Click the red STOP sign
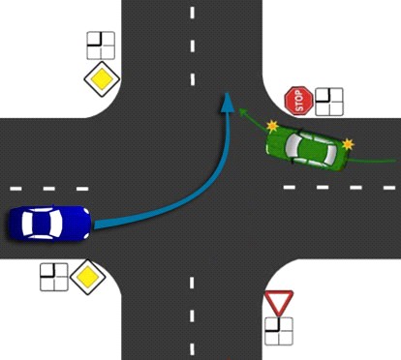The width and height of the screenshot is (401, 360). (x=298, y=101)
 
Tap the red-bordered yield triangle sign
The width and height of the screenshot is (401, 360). (x=279, y=303)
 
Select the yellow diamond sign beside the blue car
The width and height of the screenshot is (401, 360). (x=88, y=277)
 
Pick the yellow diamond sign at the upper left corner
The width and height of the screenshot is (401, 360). (x=102, y=78)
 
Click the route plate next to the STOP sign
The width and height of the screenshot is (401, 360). (x=329, y=102)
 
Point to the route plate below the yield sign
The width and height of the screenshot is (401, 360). (x=279, y=331)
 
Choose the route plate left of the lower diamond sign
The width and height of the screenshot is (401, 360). (x=54, y=277)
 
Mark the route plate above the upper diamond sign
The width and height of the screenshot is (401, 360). (x=101, y=45)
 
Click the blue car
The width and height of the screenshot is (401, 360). (x=49, y=223)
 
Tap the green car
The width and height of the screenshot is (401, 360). (x=307, y=148)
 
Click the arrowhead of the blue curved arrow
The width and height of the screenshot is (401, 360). (x=228, y=103)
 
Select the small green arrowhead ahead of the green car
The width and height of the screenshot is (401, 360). (x=242, y=111)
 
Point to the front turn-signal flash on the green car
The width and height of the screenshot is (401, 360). (x=272, y=126)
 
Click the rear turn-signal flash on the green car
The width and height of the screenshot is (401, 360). (x=348, y=144)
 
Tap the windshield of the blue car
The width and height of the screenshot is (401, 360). (x=57, y=223)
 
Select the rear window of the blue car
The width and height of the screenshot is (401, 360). (x=27, y=223)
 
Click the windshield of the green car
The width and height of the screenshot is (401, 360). (x=293, y=145)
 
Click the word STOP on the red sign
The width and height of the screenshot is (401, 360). (x=299, y=101)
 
